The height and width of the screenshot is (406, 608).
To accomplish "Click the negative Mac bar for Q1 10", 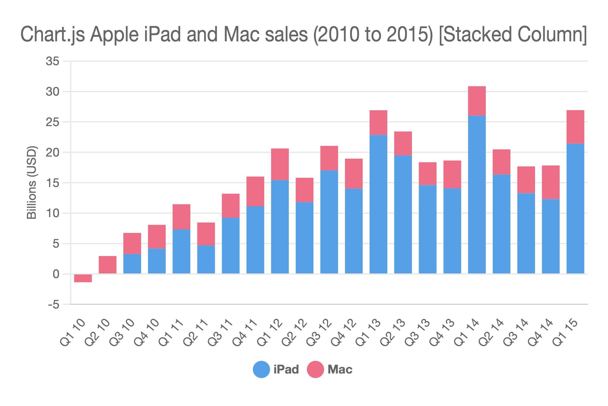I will pyautogui.click(x=83, y=278).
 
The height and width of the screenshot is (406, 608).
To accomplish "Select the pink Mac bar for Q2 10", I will pyautogui.click(x=107, y=265).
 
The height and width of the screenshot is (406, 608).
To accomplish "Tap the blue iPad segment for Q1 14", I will pyautogui.click(x=477, y=194).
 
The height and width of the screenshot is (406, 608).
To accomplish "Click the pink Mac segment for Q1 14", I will pyautogui.click(x=477, y=101).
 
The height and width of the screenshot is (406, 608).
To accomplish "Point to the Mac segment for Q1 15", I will pyautogui.click(x=575, y=127).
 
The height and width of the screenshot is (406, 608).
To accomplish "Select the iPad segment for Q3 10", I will pyautogui.click(x=132, y=264).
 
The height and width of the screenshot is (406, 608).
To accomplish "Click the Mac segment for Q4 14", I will pyautogui.click(x=551, y=182).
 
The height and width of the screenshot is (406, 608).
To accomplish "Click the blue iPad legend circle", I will pyautogui.click(x=261, y=369).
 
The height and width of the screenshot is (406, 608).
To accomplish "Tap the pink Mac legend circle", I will pyautogui.click(x=315, y=369).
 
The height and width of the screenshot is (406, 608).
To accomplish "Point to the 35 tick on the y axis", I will pyautogui.click(x=52, y=61).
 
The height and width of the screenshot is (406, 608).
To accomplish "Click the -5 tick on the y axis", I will pyautogui.click(x=53, y=305).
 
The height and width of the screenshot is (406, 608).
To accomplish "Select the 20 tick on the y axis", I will pyautogui.click(x=52, y=153).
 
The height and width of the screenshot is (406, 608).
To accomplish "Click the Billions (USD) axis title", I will pyautogui.click(x=31, y=182).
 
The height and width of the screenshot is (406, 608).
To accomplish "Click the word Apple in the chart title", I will pyautogui.click(x=115, y=35).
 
